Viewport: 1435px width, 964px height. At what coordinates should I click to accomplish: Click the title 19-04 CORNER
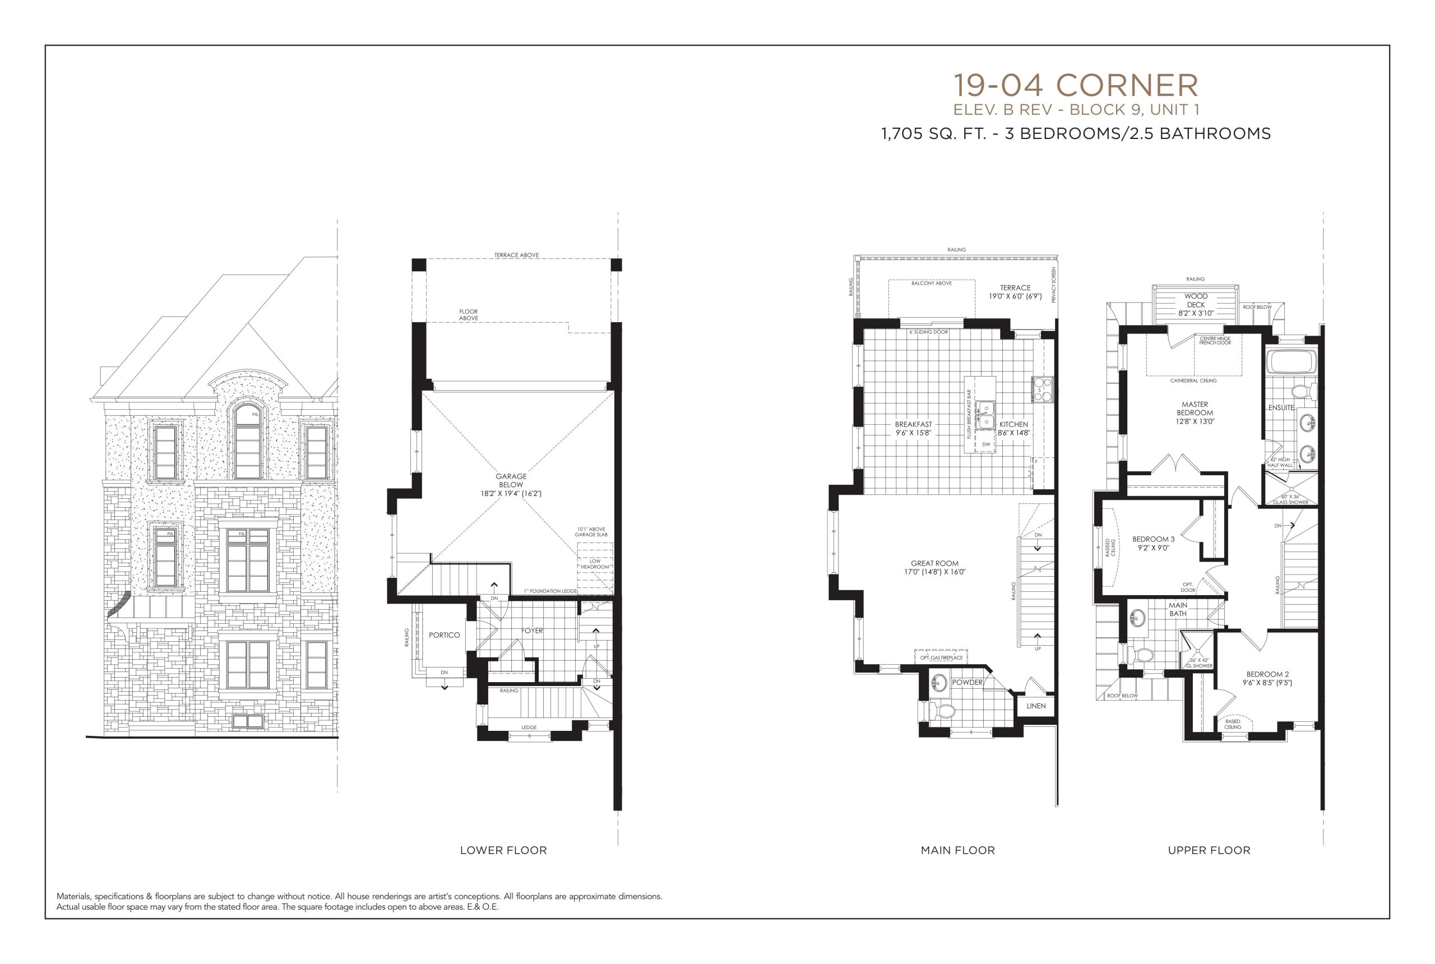point(1075,85)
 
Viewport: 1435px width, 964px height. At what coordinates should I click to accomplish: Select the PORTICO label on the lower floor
point(444,635)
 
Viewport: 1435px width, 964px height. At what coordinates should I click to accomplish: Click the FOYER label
point(533,631)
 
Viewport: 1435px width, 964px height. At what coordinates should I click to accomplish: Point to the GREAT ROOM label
point(934,563)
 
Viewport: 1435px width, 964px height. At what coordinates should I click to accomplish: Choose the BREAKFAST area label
point(913,424)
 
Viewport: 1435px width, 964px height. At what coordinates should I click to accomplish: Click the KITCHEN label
point(1013,424)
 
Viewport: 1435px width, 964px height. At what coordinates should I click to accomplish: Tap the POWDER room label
point(967,683)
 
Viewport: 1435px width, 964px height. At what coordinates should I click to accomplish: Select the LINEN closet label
point(1036,706)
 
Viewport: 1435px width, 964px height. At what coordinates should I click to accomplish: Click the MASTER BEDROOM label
point(1195,409)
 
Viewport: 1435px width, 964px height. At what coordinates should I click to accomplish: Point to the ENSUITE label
point(1281,407)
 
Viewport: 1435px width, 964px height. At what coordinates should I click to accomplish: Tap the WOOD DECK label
point(1196,300)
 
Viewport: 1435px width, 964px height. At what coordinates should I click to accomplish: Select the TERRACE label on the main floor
point(1015,288)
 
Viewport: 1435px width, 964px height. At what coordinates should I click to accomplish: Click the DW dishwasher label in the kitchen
point(986,444)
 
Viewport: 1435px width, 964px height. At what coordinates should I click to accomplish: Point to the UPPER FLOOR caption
point(1209,850)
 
